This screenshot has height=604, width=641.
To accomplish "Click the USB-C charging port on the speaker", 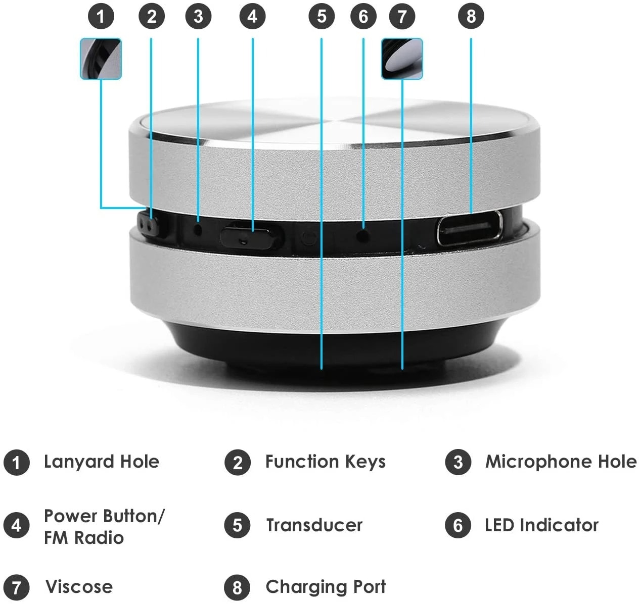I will (x=470, y=228).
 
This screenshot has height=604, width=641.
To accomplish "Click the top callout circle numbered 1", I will (x=101, y=16).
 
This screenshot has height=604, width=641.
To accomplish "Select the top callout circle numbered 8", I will (x=471, y=16).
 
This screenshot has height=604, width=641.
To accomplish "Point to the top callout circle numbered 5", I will (x=322, y=16).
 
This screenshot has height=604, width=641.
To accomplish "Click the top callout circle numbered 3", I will (x=198, y=16).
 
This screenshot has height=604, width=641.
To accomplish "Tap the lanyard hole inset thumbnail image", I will (x=101, y=59).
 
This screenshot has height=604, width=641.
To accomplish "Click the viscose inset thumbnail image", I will (x=402, y=59).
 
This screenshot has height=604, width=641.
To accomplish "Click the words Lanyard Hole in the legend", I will (x=101, y=462).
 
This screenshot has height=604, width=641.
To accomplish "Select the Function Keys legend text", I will (x=325, y=462).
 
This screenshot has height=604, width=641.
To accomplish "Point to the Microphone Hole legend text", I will (x=561, y=462).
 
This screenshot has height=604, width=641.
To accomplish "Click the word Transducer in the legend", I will (x=314, y=525).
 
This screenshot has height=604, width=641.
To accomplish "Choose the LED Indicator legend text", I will (x=541, y=525).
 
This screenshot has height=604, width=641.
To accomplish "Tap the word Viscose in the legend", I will (x=79, y=587).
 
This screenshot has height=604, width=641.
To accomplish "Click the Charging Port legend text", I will (x=326, y=587).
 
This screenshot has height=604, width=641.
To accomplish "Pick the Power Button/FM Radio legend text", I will (x=104, y=526).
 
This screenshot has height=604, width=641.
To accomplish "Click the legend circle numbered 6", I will (x=458, y=525).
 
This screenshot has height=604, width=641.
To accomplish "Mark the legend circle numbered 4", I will (x=16, y=525).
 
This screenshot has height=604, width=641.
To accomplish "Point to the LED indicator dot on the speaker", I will (x=362, y=235).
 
